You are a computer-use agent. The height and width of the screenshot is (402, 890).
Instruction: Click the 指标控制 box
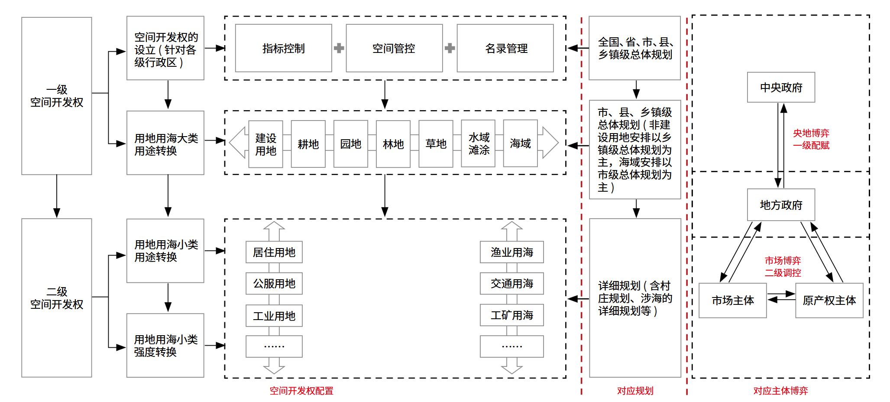[x=283, y=48]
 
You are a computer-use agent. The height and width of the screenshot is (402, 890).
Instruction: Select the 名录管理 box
[x=505, y=48]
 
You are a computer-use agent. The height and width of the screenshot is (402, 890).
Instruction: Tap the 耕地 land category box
[x=308, y=144]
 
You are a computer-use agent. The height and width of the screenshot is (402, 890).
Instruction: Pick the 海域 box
[x=520, y=144]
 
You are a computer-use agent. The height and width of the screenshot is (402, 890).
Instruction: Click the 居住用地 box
[x=274, y=252]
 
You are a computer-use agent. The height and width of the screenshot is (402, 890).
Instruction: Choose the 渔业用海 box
[x=511, y=252]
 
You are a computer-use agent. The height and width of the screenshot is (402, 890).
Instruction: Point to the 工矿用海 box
[x=511, y=315]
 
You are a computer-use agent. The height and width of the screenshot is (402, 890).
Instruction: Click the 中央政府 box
[x=781, y=88]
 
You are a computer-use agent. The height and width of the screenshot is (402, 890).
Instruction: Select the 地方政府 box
[x=781, y=205]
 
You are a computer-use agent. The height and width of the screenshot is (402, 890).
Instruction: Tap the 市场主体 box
[x=732, y=301]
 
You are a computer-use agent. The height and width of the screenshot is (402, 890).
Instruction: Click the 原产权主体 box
[x=829, y=301]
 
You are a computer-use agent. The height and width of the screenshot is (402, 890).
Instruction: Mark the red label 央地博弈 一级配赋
[x=811, y=139]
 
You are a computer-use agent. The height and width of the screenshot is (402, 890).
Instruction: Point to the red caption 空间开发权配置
[x=301, y=391]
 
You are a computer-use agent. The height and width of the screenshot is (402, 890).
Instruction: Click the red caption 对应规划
[x=635, y=391]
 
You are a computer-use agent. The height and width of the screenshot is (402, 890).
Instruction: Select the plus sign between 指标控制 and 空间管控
[x=339, y=48]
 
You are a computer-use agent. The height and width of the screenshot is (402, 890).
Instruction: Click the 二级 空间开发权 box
[x=57, y=298]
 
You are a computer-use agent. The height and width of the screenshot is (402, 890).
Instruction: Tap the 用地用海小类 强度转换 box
[x=165, y=346]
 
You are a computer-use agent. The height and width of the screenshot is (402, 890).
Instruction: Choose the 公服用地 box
[x=274, y=284]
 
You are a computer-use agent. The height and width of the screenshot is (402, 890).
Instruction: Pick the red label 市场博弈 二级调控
[x=783, y=267]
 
